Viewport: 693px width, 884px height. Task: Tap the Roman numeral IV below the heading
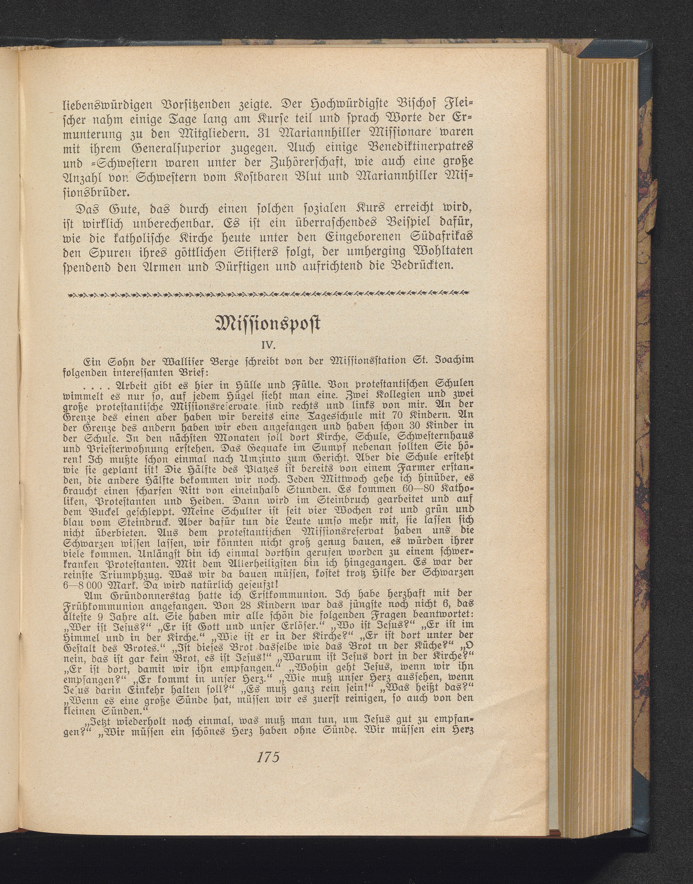[268, 345]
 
